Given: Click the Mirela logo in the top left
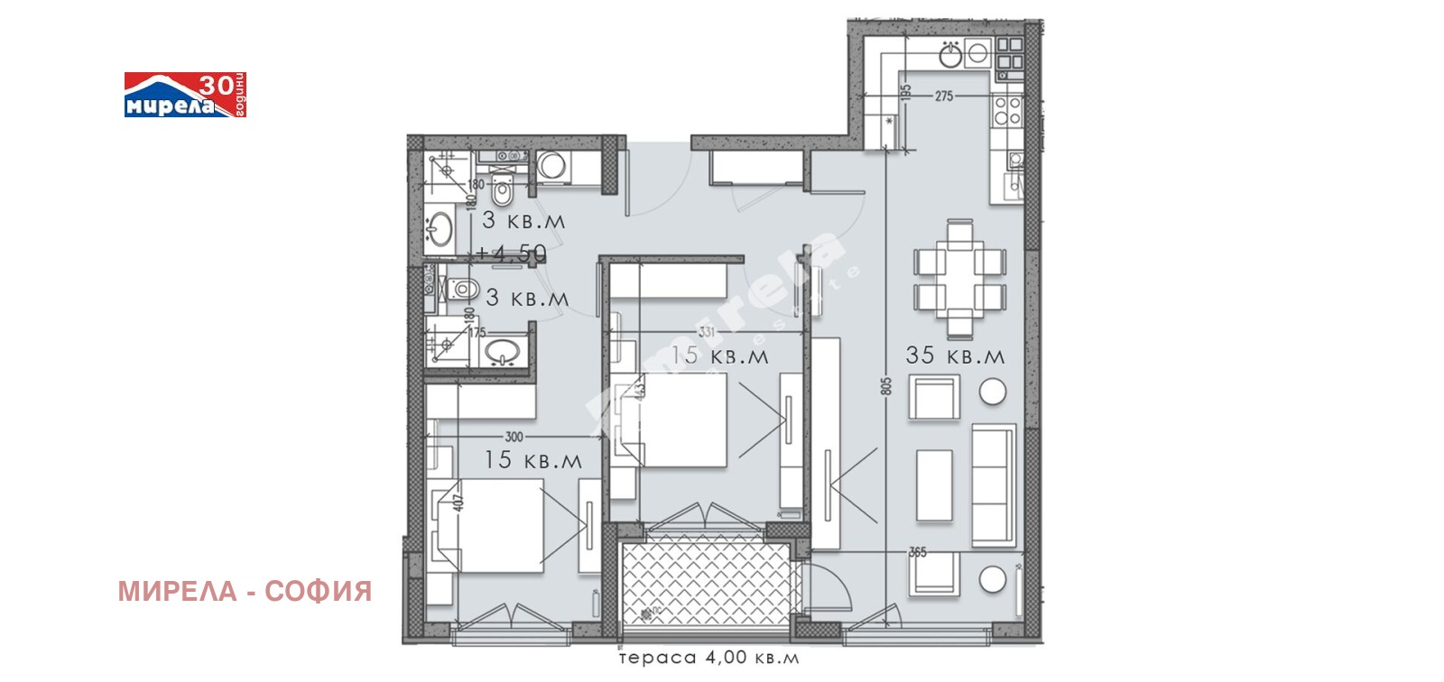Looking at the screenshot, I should pyautogui.click(x=184, y=96).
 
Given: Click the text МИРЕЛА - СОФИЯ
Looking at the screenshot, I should pyautogui.click(x=245, y=592).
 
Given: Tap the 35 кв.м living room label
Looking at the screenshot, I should pyautogui.click(x=955, y=355).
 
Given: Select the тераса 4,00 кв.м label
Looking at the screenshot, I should pyautogui.click(x=708, y=658).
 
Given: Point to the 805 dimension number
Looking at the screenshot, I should pyautogui.click(x=886, y=386).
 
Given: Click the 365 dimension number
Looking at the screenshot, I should pyautogui.click(x=917, y=552).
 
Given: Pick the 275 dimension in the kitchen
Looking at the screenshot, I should pyautogui.click(x=944, y=96).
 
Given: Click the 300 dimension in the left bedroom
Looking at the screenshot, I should pyautogui.click(x=514, y=437).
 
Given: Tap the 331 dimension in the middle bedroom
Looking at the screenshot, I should pyautogui.click(x=706, y=333).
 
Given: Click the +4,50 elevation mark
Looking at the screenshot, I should pyautogui.click(x=512, y=254).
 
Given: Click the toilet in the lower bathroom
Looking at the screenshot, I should pyautogui.click(x=463, y=290).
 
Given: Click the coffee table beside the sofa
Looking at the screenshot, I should pyautogui.click(x=934, y=485).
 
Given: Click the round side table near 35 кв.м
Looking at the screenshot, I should pyautogui.click(x=993, y=392).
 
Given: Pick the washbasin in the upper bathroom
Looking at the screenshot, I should pyautogui.click(x=440, y=228).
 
